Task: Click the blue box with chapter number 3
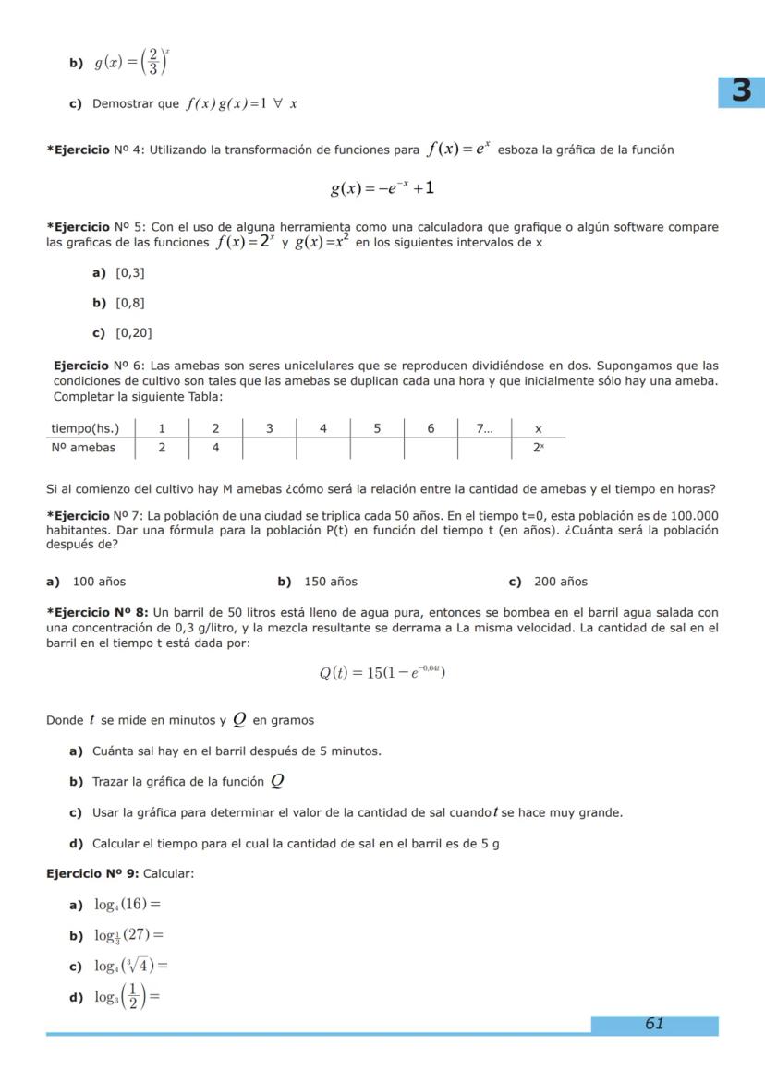[741, 91]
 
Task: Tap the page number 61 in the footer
[654, 1024]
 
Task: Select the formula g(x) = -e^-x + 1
[382, 188]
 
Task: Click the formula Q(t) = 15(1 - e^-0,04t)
[382, 672]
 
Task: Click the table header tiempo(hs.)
[83, 428]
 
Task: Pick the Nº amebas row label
[83, 448]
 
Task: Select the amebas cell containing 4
[215, 448]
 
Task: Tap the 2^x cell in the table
[538, 448]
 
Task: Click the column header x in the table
[538, 428]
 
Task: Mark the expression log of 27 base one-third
[129, 936]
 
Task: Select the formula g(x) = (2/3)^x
[131, 64]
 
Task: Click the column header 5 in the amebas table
[377, 428]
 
